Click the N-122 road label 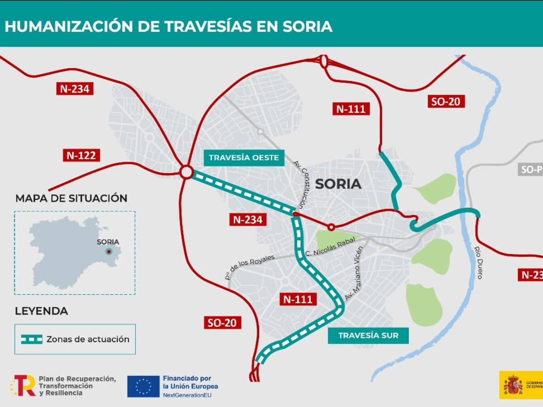tap(81, 156)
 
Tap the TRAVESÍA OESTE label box tap(244, 158)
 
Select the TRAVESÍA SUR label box tap(368, 336)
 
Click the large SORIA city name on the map tap(338, 184)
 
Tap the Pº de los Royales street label tap(249, 267)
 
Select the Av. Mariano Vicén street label tap(354, 274)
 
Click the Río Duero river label tap(478, 262)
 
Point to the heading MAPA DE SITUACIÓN tap(71, 198)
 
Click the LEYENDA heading tap(42, 311)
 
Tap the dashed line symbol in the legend tap(32, 339)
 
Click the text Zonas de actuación tap(88, 339)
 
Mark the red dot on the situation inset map tap(109, 251)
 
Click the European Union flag tap(143, 386)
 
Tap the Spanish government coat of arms tap(513, 385)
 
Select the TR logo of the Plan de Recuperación tap(24, 386)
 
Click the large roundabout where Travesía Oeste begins tap(186, 172)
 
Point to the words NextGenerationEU tap(187, 395)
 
